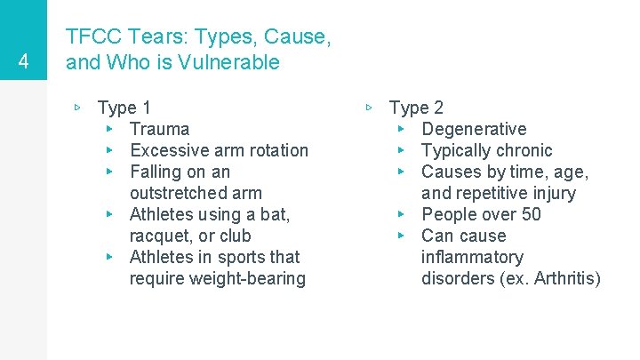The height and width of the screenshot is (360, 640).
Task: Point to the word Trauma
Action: (x=159, y=129)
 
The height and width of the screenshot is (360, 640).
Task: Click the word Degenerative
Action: (x=474, y=129)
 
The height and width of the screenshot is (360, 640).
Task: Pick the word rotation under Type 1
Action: (x=274, y=150)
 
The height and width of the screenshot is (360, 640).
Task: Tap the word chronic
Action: (x=521, y=150)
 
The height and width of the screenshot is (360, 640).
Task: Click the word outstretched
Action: (x=196, y=193)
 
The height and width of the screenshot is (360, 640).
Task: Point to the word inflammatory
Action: (x=472, y=257)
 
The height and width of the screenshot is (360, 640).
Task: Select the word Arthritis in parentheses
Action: (x=563, y=278)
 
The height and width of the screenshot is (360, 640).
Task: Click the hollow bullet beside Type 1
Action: (x=78, y=108)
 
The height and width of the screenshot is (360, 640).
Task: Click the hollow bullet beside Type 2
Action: (x=370, y=108)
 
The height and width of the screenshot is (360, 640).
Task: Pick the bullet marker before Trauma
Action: (x=108, y=129)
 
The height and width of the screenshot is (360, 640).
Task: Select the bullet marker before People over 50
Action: (x=400, y=214)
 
